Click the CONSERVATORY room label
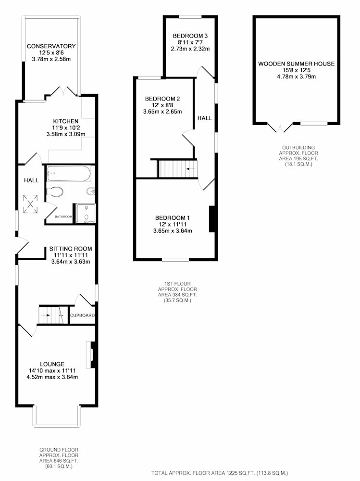[51, 46]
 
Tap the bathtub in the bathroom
[69, 174]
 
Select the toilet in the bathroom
[55, 192]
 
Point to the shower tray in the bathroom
[86, 214]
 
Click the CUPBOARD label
[83, 316]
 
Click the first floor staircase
[178, 168]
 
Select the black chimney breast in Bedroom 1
[212, 219]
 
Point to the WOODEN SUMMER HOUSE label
[296, 64]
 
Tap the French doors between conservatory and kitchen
[63, 91]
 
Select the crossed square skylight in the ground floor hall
[31, 204]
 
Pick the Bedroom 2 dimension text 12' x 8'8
[162, 105]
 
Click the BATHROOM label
[63, 216]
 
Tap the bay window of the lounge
[57, 416]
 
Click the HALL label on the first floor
[205, 118]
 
